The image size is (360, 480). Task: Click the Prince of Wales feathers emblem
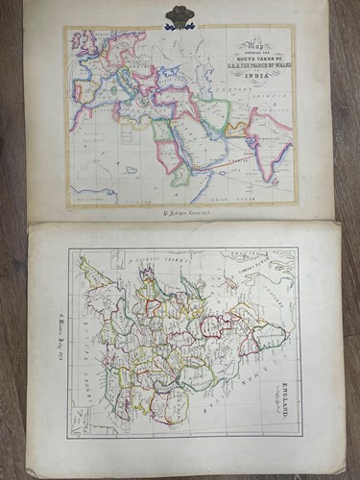click(x=180, y=16)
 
